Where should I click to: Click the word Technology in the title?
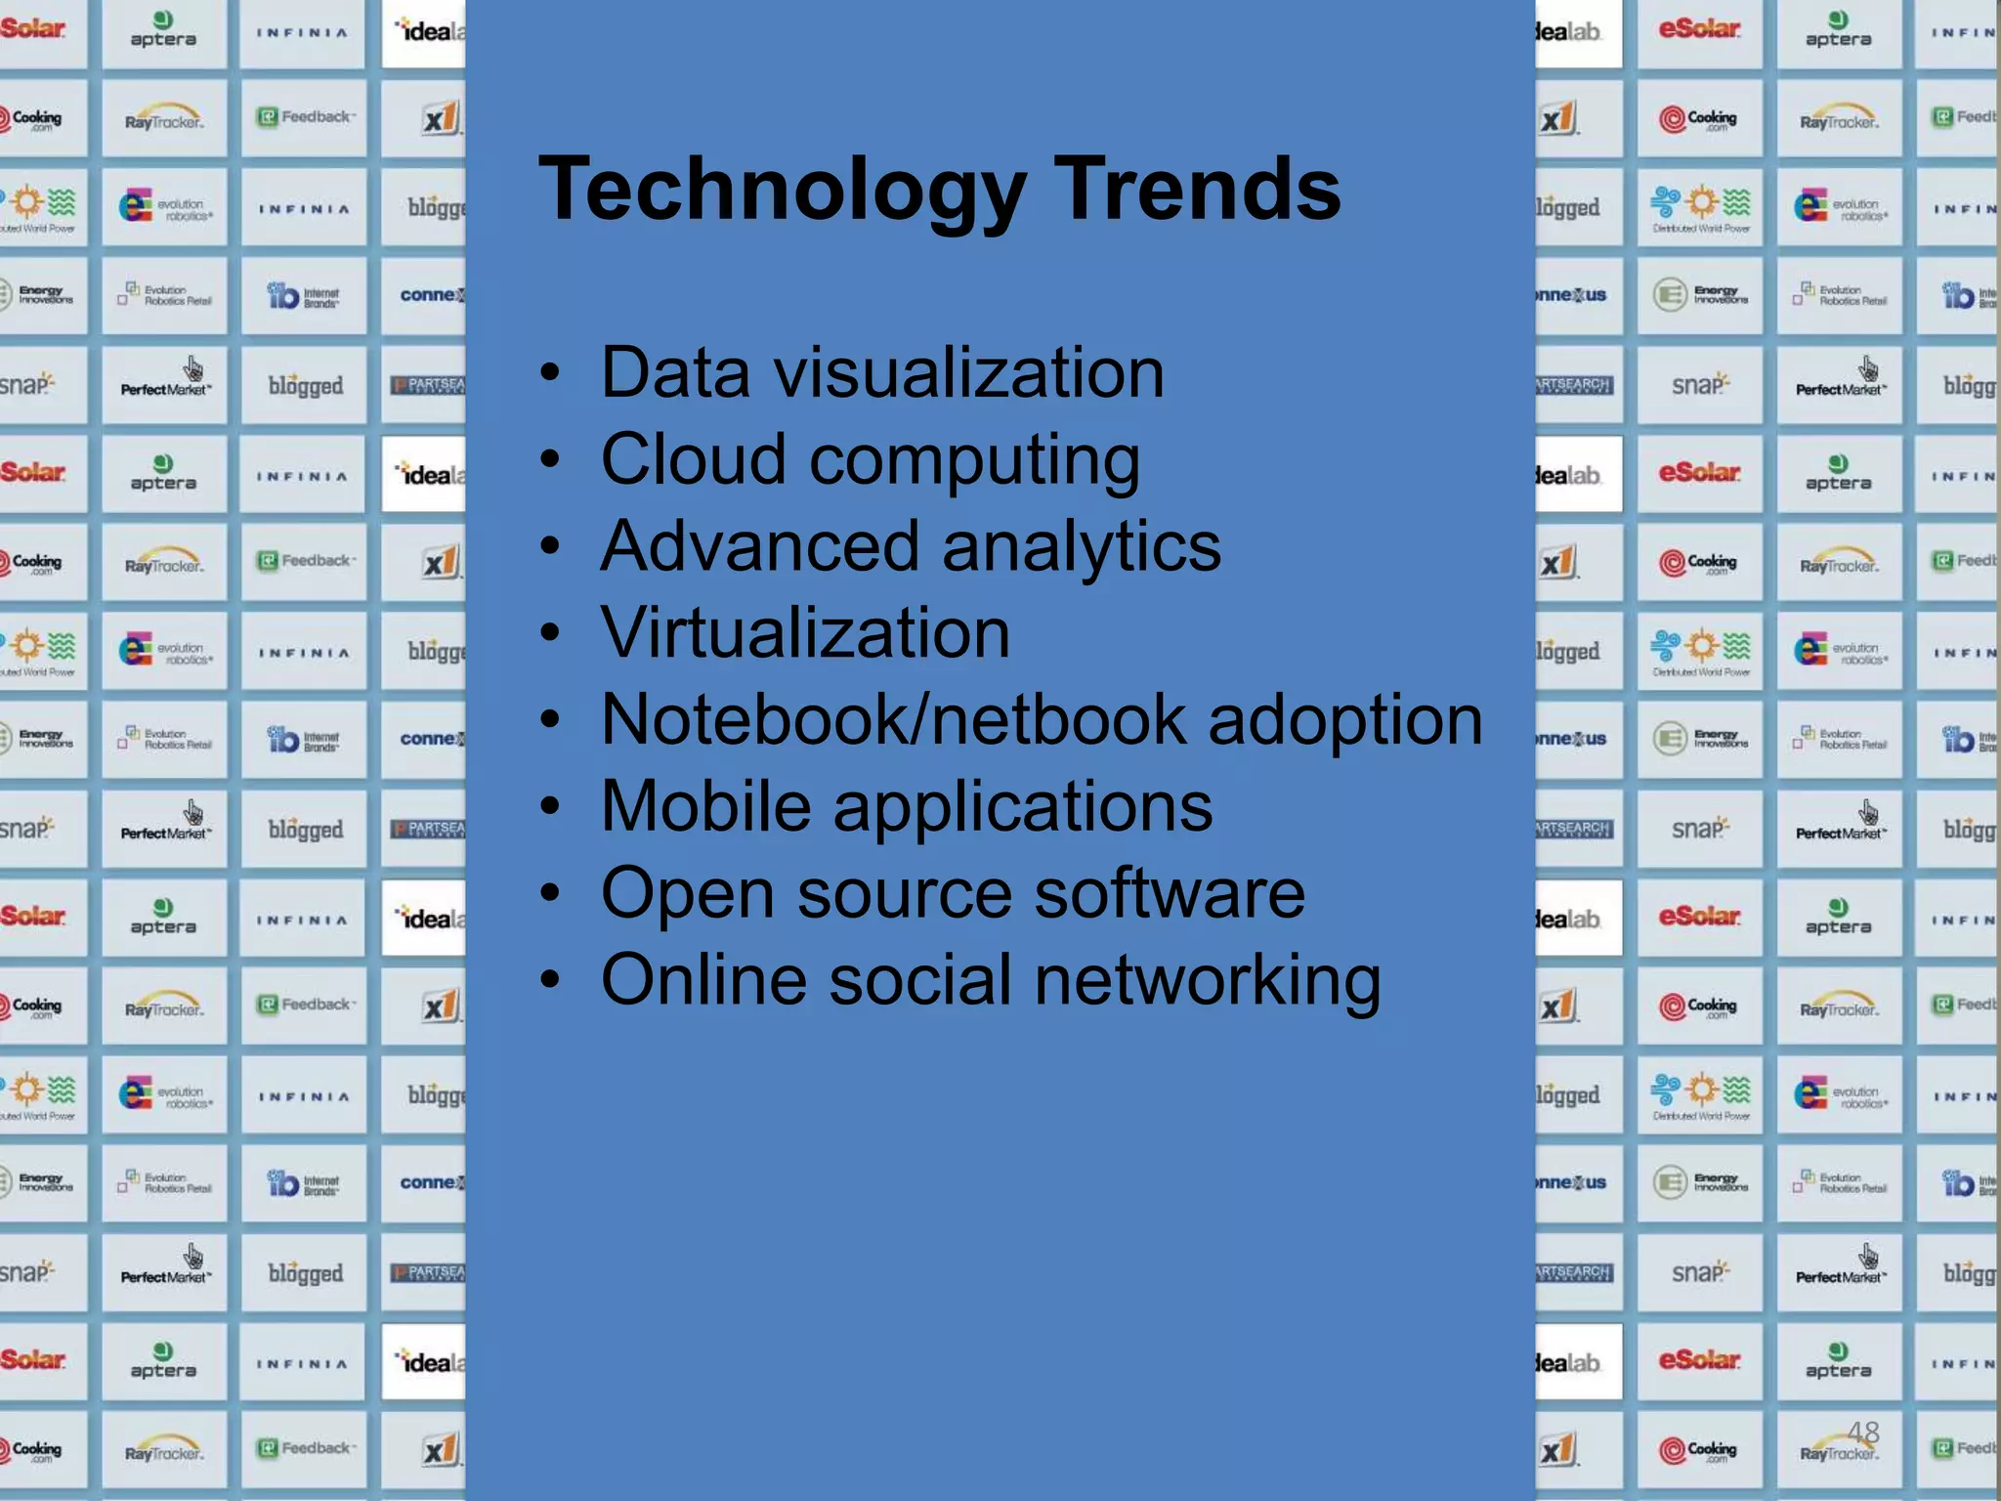pos(782,191)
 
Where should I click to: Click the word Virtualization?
pos(805,632)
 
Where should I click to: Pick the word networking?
pos(1208,982)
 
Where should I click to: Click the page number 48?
pos(1863,1433)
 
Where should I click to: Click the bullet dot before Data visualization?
pos(551,373)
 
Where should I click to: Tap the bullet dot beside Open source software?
pos(551,893)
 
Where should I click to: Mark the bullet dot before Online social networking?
pos(551,980)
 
